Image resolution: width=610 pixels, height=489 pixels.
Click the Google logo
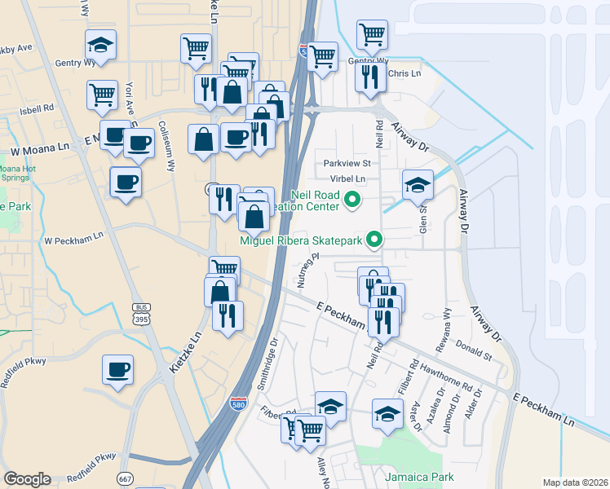[27, 479]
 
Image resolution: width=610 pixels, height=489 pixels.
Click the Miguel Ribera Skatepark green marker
[374, 240]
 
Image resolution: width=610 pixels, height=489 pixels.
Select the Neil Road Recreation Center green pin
[353, 198]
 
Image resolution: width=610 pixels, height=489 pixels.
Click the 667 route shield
[125, 478]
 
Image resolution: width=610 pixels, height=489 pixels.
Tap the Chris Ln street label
[404, 73]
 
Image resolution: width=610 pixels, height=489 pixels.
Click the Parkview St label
[347, 163]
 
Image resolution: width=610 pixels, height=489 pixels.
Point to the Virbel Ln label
[348, 178]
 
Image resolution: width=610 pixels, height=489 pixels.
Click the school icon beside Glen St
[418, 184]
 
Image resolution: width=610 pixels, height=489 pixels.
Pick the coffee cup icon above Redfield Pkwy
[118, 369]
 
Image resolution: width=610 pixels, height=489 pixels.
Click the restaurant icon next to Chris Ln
[369, 77]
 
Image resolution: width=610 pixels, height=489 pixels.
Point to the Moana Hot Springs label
[16, 173]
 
